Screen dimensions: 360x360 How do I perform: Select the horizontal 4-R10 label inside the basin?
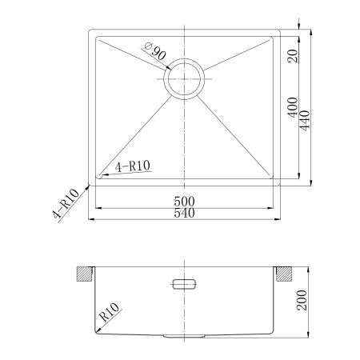[133, 166]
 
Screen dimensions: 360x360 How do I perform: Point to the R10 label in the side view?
[110, 312]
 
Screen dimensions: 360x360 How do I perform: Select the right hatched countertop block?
[285, 273]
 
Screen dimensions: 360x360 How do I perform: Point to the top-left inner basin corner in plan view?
[95, 37]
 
